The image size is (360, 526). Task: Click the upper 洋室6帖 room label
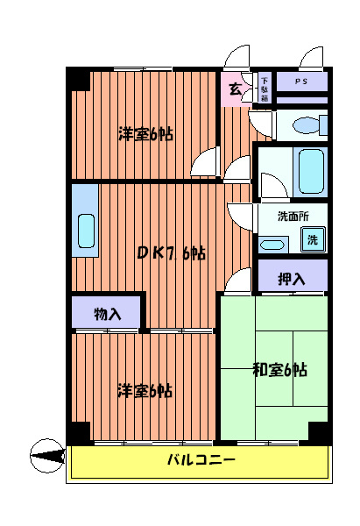click(145, 134)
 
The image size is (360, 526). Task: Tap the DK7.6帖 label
click(171, 253)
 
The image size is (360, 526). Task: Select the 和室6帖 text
click(279, 368)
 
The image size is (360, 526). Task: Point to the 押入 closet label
click(292, 279)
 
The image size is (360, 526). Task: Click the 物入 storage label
click(107, 313)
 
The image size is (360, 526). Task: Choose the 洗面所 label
click(291, 217)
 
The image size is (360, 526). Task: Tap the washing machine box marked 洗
click(312, 238)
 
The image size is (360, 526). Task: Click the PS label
click(300, 82)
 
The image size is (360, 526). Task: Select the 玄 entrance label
click(235, 89)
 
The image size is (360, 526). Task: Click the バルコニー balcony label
click(200, 460)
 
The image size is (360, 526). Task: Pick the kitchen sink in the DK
click(86, 231)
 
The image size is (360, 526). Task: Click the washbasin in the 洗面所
click(272, 244)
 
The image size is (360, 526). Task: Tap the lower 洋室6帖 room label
click(145, 390)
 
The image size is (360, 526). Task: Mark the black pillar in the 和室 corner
click(318, 432)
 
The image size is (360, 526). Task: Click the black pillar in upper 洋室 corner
click(80, 78)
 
